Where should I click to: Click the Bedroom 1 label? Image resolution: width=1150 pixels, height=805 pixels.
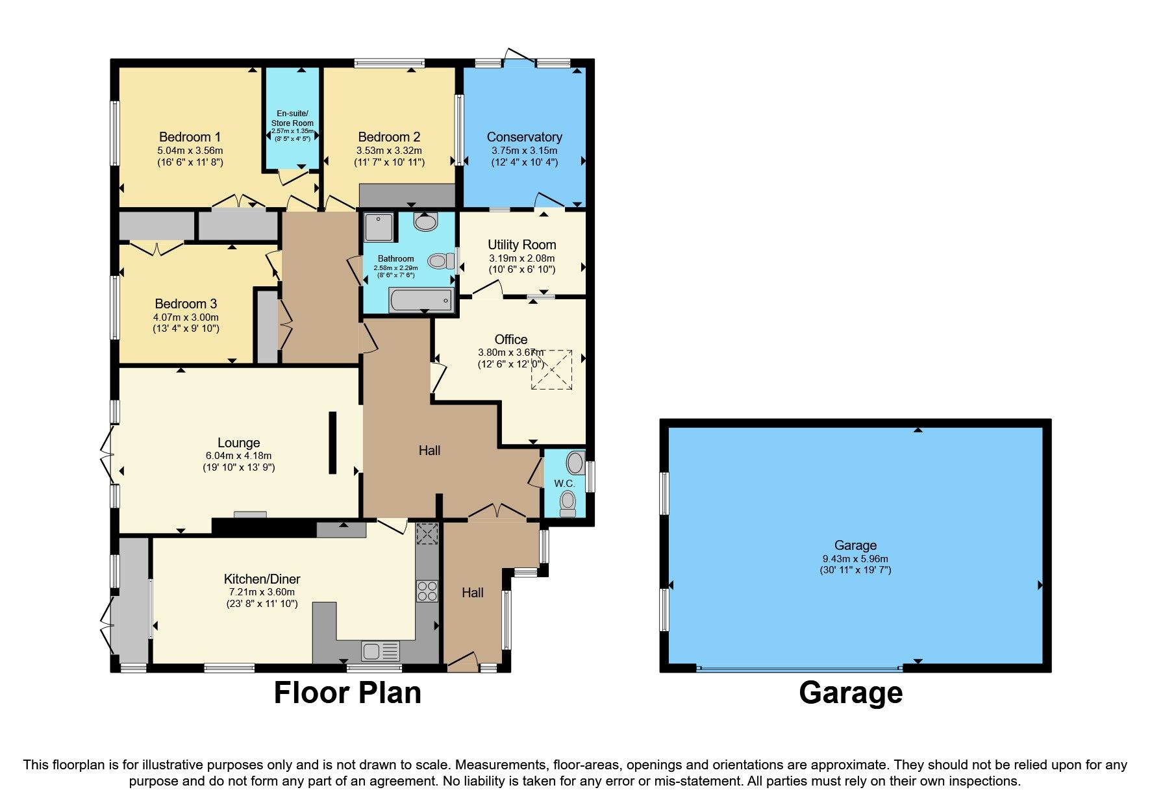tap(190, 137)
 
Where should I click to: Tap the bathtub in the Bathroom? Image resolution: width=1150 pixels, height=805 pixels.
tap(421, 301)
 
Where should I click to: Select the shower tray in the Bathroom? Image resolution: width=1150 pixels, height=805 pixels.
tap(378, 228)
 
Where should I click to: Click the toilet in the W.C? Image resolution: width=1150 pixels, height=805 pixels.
tap(568, 502)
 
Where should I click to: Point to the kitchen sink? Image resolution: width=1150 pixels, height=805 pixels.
tap(372, 650)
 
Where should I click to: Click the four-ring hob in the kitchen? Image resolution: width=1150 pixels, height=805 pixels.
tap(427, 591)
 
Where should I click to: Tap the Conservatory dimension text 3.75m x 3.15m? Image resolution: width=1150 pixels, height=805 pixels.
tap(524, 151)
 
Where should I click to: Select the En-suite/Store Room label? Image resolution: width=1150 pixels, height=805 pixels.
tap(292, 118)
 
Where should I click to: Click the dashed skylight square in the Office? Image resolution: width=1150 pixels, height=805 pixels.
tap(552, 370)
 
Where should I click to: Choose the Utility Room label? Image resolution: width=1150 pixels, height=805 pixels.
tap(521, 245)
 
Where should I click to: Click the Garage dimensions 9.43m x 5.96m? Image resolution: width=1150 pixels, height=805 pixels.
tap(855, 558)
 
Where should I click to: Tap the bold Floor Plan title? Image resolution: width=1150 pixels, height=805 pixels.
tap(347, 693)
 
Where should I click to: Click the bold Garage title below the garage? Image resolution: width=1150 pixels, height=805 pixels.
tap(851, 693)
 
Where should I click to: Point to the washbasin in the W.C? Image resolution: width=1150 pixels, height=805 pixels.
tap(575, 463)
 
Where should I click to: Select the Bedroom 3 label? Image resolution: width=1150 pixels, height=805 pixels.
tap(186, 304)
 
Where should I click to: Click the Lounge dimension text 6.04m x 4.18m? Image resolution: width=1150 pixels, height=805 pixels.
tap(238, 456)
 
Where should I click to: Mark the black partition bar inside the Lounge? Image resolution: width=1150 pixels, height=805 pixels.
tap(332, 443)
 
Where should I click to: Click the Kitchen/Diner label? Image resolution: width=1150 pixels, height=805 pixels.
tap(262, 579)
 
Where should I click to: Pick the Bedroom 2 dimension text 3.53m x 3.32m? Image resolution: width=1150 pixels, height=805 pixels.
tap(389, 151)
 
